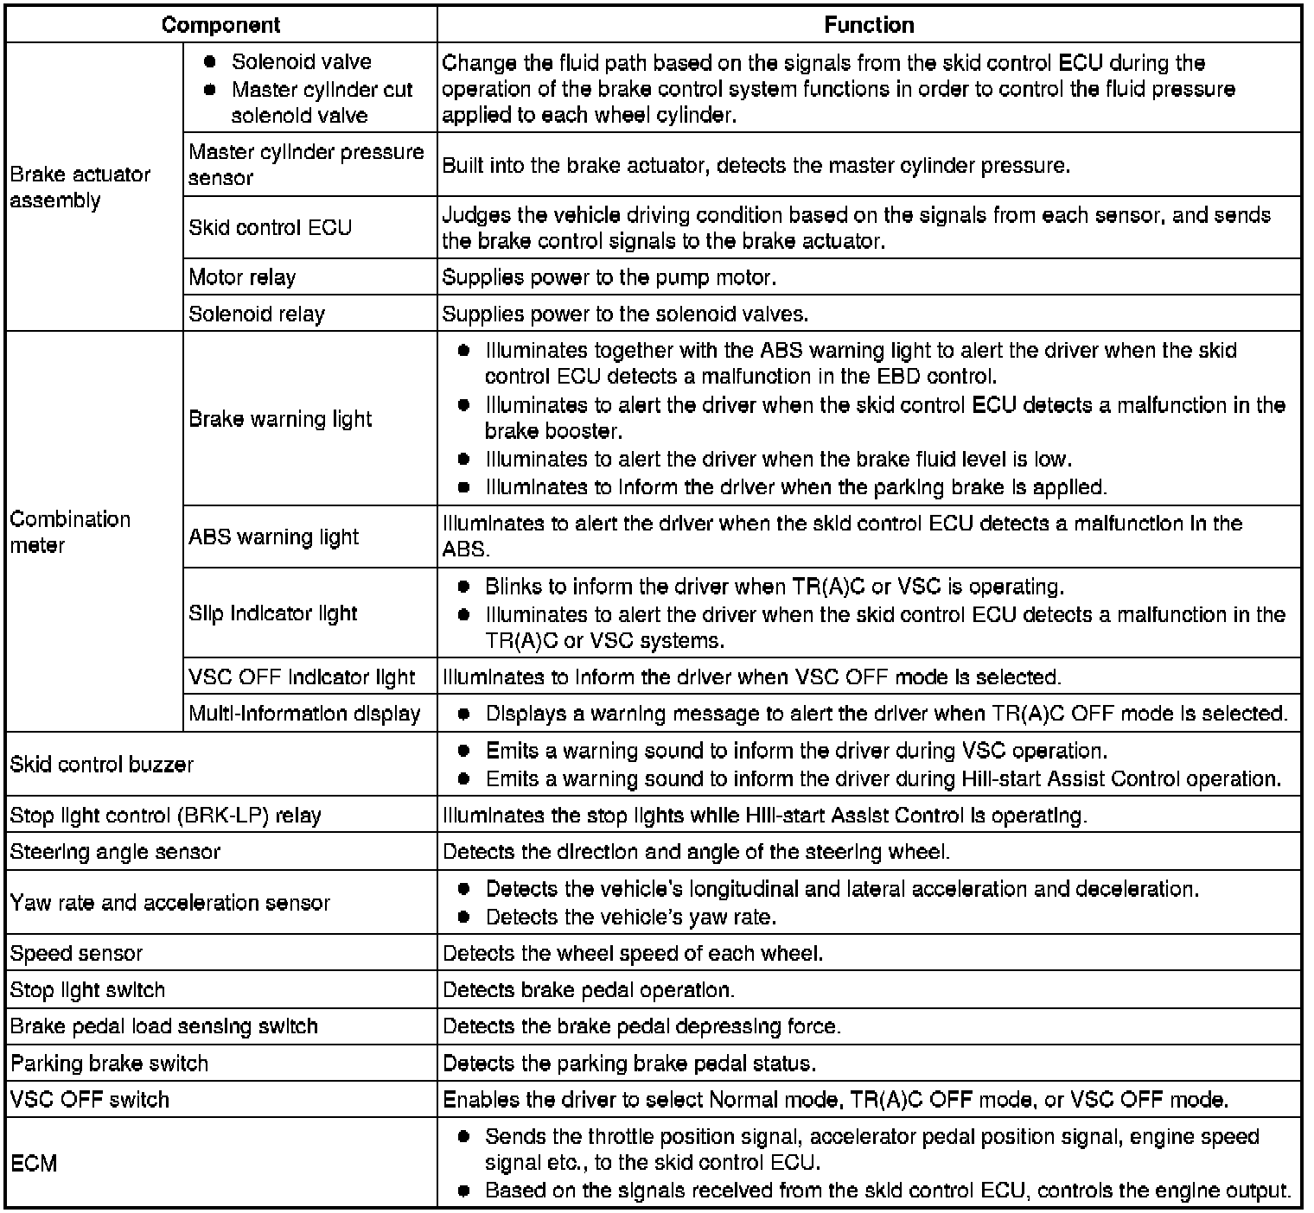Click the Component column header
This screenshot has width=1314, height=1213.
(220, 24)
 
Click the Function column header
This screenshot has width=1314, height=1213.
(869, 24)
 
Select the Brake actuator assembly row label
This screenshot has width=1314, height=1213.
(80, 187)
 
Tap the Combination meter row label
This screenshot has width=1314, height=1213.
(70, 532)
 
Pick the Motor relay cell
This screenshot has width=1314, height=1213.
(242, 277)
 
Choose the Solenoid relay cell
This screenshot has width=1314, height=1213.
(257, 314)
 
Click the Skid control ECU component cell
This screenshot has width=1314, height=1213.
(270, 227)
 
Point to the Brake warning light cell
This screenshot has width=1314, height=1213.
(280, 419)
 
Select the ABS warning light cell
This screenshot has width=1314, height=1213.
(273, 537)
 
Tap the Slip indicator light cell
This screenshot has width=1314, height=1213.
(272, 613)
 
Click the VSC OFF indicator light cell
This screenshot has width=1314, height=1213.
(302, 677)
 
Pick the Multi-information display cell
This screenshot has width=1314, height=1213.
(304, 714)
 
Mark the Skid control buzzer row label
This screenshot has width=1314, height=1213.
(102, 765)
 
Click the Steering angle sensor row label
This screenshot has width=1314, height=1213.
(115, 852)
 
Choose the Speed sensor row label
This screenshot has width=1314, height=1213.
(76, 954)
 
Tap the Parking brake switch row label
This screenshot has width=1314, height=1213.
(109, 1064)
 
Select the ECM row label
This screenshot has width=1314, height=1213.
(34, 1164)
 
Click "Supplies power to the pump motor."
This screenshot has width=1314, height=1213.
(609, 277)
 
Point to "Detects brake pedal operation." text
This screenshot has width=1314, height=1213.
(589, 990)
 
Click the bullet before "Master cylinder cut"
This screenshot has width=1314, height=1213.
(209, 90)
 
